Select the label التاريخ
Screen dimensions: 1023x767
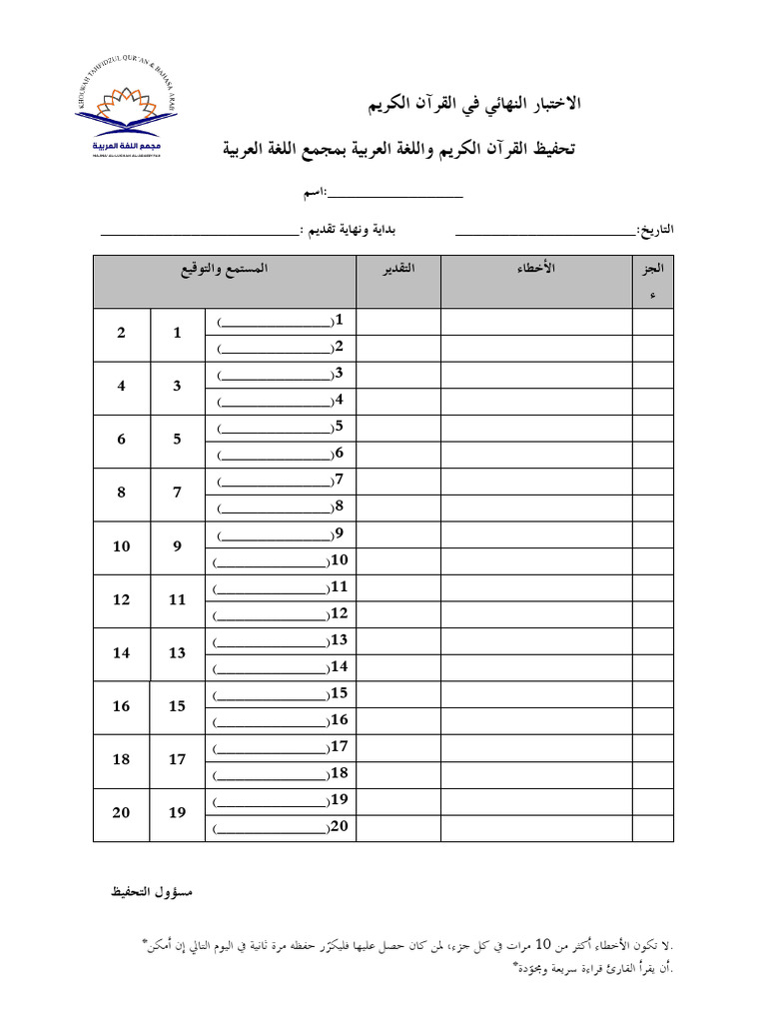tap(655, 230)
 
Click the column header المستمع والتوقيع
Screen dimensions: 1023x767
tap(225, 271)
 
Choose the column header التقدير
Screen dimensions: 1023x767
tap(398, 271)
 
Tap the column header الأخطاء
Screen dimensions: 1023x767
tap(536, 271)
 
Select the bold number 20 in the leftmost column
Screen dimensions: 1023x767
tap(121, 813)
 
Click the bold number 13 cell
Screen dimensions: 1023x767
tap(177, 653)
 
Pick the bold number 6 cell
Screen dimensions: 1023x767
tap(121, 440)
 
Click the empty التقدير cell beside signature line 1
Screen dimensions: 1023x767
tap(398, 322)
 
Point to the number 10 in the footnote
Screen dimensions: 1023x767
tap(543, 943)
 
